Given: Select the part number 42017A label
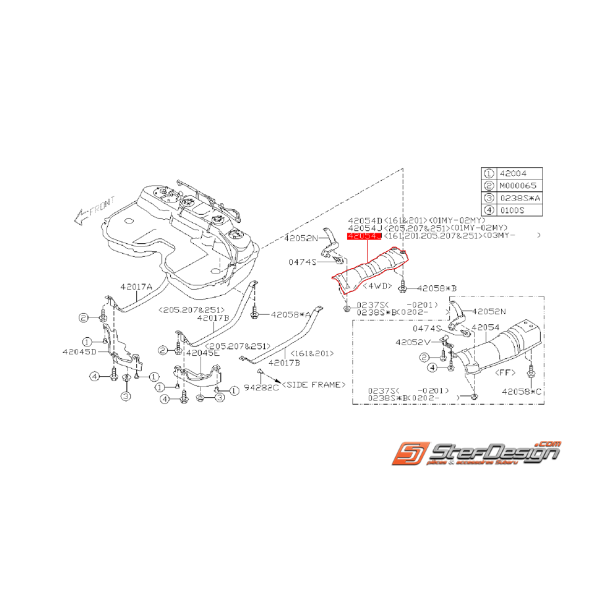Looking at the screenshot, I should point(136,287).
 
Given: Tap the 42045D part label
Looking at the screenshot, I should point(80,352).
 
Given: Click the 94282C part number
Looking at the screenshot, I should point(261,388).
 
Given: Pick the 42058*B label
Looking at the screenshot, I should point(437,288).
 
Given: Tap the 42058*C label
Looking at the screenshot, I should point(523,391).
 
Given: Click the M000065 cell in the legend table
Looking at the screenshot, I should point(519,186).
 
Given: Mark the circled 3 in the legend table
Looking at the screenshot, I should point(488,199).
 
